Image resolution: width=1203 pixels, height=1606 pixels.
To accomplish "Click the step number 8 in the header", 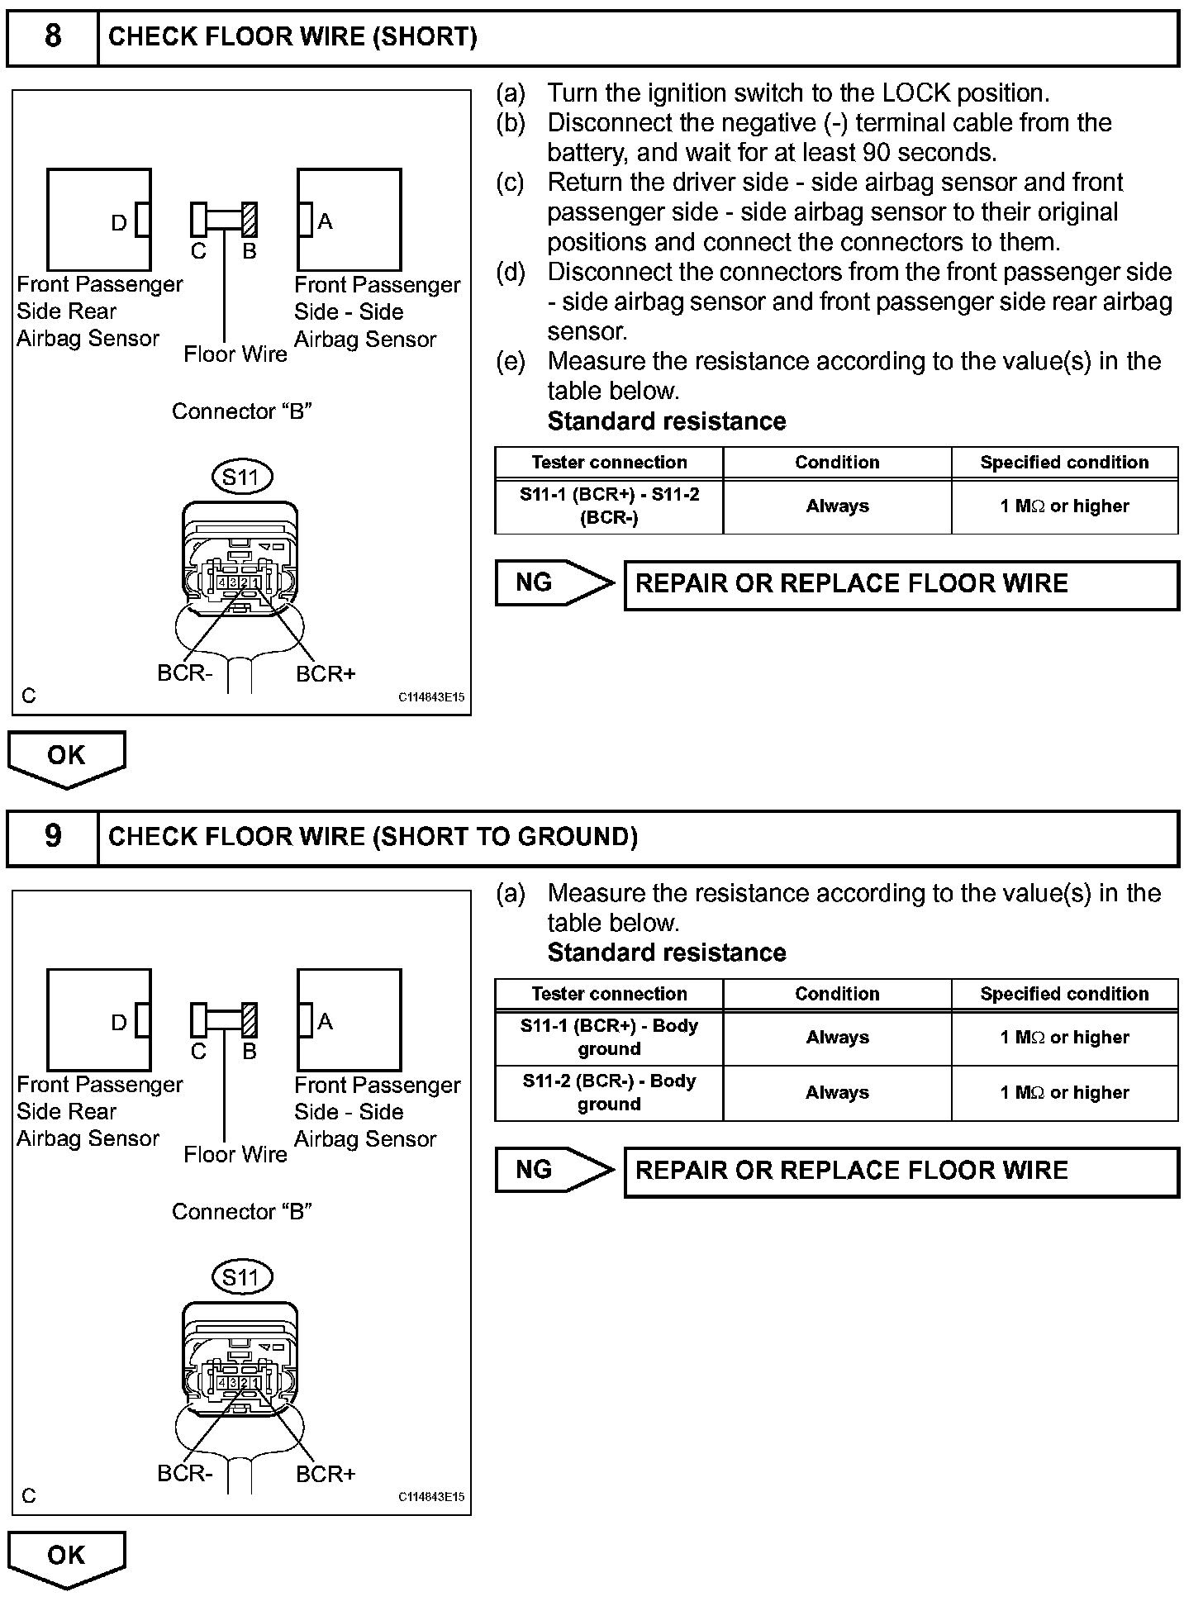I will point(53,36).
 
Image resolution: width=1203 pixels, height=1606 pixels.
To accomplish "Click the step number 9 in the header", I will point(53,836).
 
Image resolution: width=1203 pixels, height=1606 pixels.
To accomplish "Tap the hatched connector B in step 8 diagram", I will point(250,220).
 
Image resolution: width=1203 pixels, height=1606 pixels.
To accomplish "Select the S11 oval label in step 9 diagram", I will point(241,1277).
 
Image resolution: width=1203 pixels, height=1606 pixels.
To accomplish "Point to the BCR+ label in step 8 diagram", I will point(326,674).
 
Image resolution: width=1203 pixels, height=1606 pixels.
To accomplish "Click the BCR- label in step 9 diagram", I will point(185,1474).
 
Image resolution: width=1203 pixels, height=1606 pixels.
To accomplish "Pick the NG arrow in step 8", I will point(554,583).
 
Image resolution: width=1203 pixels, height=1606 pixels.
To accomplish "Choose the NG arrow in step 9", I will point(554,1170).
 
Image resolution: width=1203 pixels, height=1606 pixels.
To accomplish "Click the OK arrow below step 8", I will point(66,757).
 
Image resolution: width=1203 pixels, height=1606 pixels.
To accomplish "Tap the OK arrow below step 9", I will point(66,1556).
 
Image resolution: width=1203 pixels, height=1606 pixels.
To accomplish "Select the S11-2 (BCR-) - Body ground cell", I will point(609,1092).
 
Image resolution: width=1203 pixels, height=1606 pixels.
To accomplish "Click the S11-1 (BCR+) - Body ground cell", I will point(609,1037).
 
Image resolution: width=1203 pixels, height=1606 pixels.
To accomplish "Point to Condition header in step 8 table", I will point(837,462).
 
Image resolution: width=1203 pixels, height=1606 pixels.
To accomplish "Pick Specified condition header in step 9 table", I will point(1064,994).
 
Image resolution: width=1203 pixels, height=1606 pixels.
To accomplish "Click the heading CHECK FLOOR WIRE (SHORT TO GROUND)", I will point(373,837).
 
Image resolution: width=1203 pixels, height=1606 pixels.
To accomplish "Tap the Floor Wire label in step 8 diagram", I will point(235,354).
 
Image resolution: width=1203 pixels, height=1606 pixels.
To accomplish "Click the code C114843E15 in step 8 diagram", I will point(431,697).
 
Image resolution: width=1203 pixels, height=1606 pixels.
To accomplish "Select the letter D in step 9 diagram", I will point(119,1023).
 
